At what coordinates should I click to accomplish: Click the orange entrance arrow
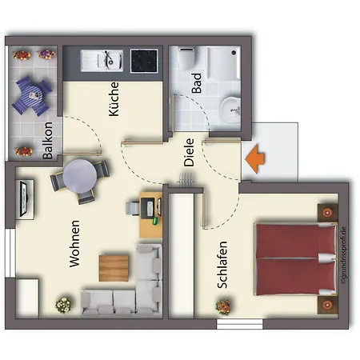click(x=256, y=158)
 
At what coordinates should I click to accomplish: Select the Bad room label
click(x=197, y=84)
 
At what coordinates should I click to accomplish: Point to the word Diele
click(x=189, y=153)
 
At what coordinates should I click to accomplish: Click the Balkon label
click(x=49, y=141)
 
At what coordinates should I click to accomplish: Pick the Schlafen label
click(x=222, y=265)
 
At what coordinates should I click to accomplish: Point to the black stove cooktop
click(x=145, y=59)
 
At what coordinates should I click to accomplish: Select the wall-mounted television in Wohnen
click(x=25, y=198)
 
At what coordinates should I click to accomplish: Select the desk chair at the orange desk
click(x=132, y=208)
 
